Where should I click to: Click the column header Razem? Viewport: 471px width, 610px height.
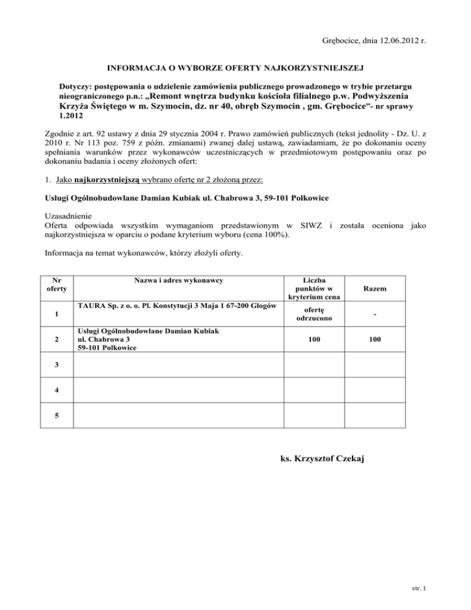click(374, 288)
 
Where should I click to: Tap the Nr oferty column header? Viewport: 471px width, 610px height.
click(56, 284)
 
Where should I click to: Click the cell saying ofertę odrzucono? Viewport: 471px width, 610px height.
click(313, 316)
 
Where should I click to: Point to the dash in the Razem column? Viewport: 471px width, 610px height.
click(374, 317)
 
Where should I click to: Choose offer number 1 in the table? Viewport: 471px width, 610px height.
click(56, 315)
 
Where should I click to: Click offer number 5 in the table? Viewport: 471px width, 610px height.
click(56, 415)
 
